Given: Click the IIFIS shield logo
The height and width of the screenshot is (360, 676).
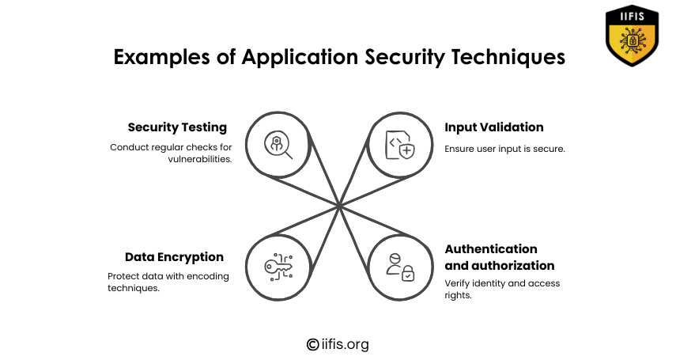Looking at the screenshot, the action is [632, 36].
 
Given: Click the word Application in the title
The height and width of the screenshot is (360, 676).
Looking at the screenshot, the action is [300, 58].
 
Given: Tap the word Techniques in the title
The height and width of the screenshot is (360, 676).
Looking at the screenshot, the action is [508, 58].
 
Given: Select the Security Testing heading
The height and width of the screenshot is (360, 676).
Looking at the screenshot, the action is [177, 127].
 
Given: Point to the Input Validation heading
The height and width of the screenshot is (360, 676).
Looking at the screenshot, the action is [494, 127].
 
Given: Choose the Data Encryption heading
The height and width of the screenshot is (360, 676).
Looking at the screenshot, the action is [174, 257].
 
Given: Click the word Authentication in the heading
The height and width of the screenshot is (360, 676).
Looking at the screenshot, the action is [491, 249].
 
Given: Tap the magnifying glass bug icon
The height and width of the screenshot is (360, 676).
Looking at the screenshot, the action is [278, 145].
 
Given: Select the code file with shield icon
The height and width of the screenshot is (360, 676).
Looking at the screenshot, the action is [400, 145].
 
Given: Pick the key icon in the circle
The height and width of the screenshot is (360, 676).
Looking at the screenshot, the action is [278, 267].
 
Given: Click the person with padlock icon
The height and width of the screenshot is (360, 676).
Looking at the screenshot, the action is [400, 267].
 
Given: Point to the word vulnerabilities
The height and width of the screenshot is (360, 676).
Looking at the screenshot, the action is [200, 159].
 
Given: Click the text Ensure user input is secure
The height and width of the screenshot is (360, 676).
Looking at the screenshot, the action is [504, 149].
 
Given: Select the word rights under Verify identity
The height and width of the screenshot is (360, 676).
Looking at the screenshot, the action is [458, 295].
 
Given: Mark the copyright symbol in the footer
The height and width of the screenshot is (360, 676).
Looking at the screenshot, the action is [312, 344].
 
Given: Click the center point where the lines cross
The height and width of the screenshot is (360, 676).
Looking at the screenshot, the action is [339, 207].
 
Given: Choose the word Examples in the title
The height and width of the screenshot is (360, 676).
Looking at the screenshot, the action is [161, 58].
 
